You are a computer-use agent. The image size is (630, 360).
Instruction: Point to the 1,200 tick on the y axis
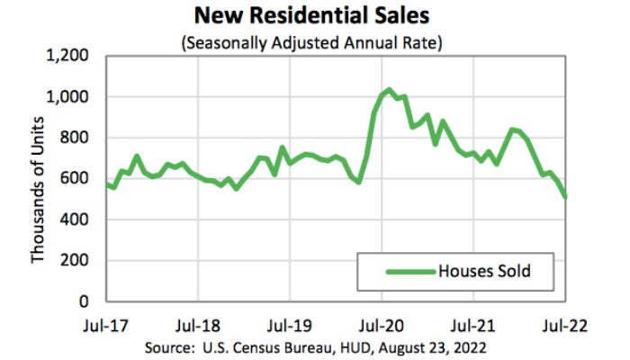pos(72,56)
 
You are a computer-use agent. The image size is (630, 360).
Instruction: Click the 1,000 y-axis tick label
pos(72,96)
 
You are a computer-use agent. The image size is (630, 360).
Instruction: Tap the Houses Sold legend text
pos(490,270)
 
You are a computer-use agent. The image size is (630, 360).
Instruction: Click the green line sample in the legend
pos(409,271)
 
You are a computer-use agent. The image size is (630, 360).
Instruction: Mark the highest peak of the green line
pos(389,90)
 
